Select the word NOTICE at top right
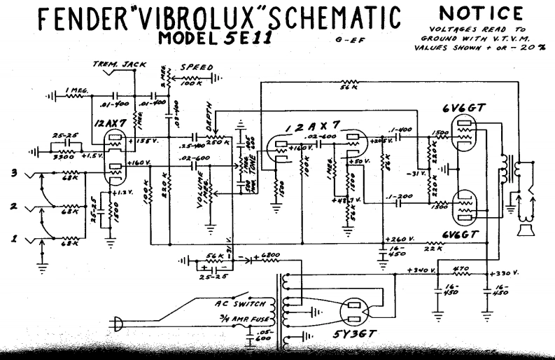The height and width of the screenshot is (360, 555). (x=480, y=13)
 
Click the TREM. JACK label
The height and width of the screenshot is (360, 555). (x=120, y=64)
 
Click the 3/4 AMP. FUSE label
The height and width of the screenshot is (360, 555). (x=240, y=320)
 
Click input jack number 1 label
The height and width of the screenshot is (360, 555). (x=14, y=240)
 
